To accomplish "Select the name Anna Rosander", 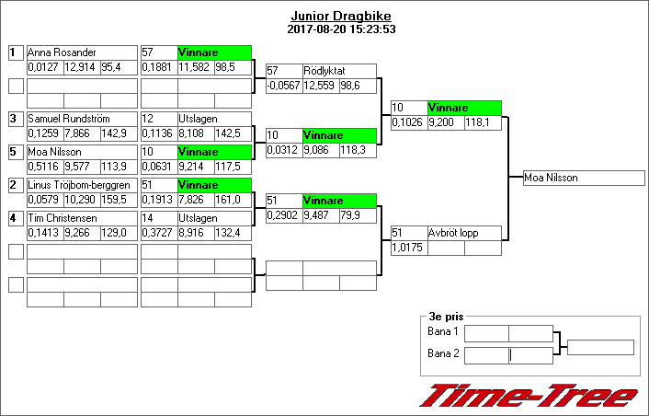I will coord(63,52).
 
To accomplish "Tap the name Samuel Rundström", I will coord(67,119).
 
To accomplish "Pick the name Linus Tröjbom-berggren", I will coord(81,185).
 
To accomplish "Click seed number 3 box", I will coord(15,119).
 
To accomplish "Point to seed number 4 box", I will coord(15,218).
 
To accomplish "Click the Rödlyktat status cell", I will coord(339,71).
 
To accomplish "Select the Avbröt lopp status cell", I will coord(464,233).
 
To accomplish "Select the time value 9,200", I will coord(444,122).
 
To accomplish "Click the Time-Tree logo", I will coord(528,396).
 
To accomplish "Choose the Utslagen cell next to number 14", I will coord(213,218).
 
